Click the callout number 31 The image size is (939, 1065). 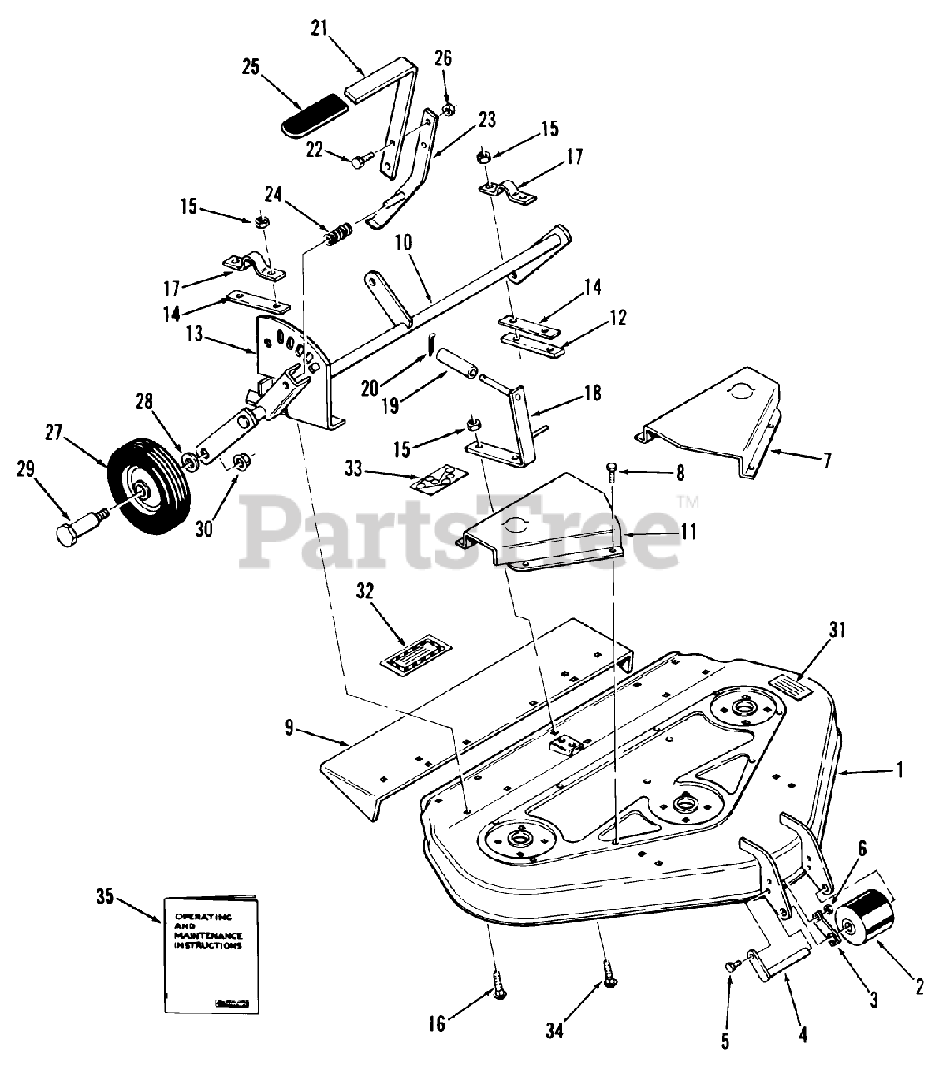837,630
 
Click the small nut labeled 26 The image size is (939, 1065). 447,110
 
